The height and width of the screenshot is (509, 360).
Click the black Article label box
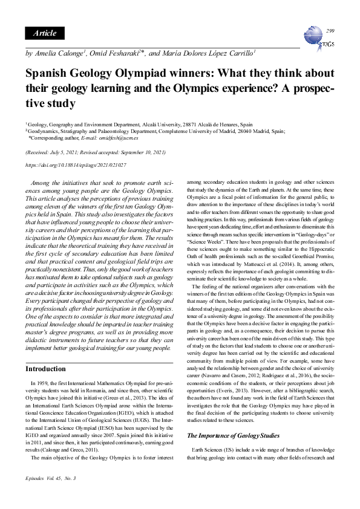click(45, 33)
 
